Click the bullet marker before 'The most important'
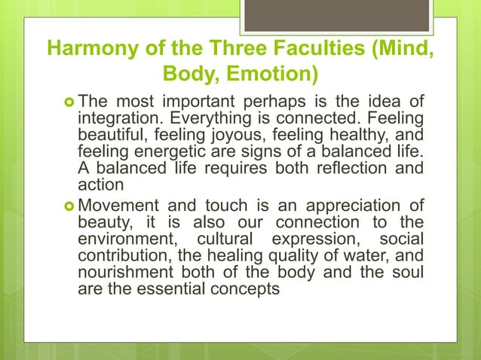[x=66, y=102]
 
